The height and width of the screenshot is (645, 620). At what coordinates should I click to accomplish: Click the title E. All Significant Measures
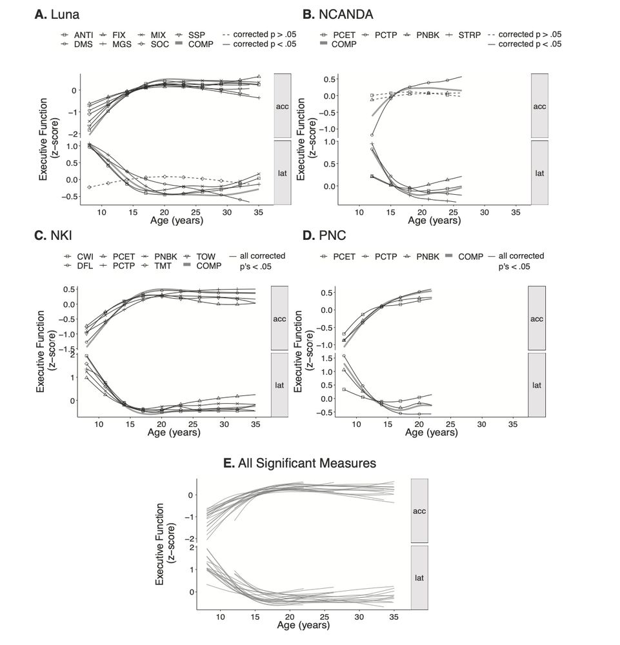tap(308, 462)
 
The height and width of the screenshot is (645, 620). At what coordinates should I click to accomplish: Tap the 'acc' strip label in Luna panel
tap(282, 106)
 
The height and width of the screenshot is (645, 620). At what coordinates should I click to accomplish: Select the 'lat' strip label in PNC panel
tap(537, 385)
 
